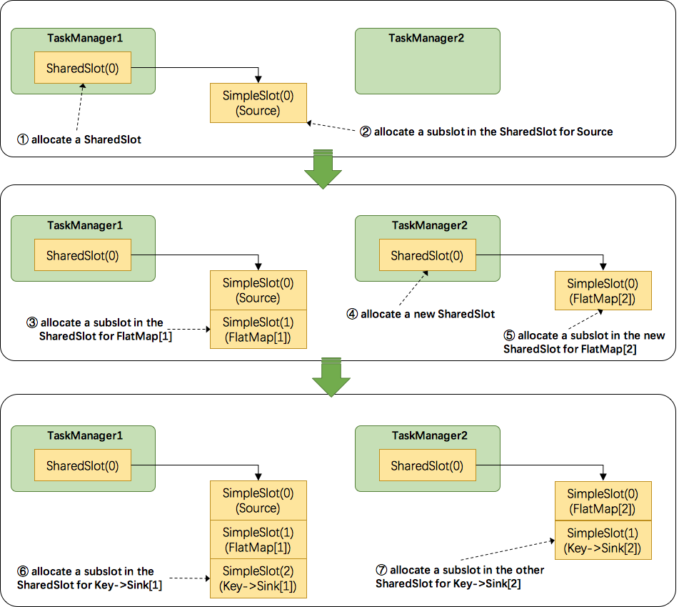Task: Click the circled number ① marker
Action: (24, 140)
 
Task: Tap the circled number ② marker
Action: (366, 132)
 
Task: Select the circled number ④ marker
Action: (352, 315)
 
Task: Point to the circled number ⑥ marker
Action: (24, 571)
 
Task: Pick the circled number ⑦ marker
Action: (382, 570)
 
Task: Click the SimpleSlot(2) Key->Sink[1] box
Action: (258, 578)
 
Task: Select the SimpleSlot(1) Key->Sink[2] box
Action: (603, 541)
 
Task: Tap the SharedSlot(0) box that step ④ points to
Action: (427, 255)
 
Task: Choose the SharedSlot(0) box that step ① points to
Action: (83, 69)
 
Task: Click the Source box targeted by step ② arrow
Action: (258, 103)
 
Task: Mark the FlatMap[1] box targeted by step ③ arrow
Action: (258, 329)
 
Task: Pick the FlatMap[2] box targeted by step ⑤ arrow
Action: (603, 290)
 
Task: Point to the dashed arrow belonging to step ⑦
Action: (508, 550)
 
